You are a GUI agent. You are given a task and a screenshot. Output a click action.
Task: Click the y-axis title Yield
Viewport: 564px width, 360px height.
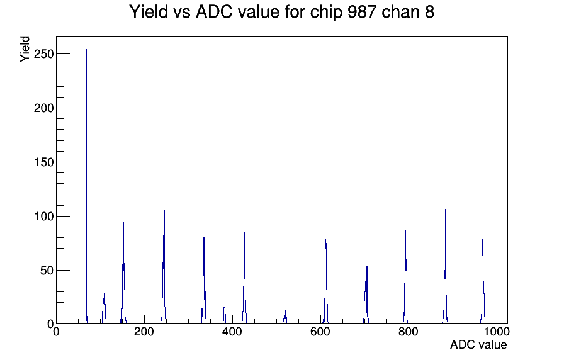point(25,48)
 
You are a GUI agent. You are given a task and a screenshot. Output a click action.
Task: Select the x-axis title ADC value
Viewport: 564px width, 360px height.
point(478,345)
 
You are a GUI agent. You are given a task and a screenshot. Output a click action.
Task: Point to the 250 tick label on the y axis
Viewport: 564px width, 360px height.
point(42,54)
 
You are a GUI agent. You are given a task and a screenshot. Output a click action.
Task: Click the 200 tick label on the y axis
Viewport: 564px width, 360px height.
point(42,108)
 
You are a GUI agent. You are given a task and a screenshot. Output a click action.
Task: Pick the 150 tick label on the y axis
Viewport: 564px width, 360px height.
point(42,162)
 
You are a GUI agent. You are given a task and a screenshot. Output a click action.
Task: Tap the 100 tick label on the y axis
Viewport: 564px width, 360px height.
point(42,217)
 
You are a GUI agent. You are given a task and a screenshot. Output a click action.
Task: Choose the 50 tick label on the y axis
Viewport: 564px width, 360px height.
point(45,271)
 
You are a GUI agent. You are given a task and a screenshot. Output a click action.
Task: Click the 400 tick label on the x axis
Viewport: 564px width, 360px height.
point(232,332)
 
